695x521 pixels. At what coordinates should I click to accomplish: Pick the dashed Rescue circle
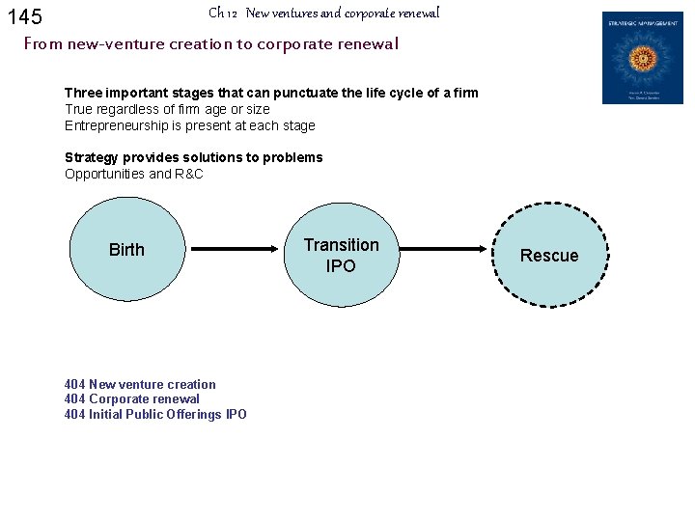click(549, 254)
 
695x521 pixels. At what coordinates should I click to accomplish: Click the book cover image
click(642, 58)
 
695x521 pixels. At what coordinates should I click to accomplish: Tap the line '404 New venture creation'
click(140, 384)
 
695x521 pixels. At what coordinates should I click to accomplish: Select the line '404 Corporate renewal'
click(132, 398)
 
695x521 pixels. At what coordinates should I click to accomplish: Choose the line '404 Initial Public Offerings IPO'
click(155, 414)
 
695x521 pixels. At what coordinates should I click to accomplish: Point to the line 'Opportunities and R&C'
click(134, 174)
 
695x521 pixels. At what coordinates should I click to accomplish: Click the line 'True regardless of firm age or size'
click(167, 109)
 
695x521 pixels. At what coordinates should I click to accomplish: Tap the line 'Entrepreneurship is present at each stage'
click(190, 125)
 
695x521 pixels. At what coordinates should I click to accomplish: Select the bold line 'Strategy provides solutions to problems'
click(194, 157)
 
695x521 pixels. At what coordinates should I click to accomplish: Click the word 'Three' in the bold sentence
click(84, 94)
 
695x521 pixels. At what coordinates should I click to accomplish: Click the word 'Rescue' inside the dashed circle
click(549, 256)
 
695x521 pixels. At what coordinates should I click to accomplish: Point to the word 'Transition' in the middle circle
click(341, 245)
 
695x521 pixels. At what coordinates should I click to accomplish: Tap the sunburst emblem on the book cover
click(642, 55)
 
